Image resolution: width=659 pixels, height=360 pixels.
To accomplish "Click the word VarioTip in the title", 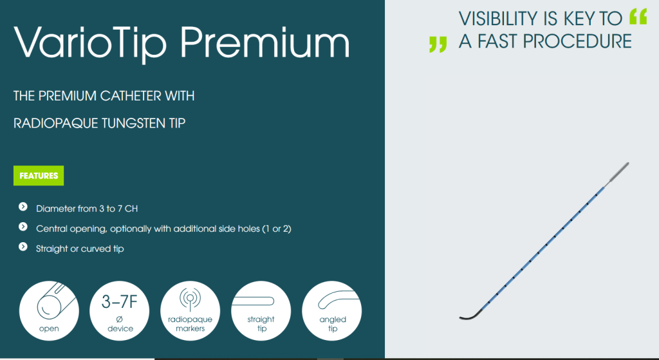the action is pos(90,43).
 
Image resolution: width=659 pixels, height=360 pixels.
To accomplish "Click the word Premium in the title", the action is pos(265,42).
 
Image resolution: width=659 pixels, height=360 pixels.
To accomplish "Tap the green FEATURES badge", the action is pos(39,175).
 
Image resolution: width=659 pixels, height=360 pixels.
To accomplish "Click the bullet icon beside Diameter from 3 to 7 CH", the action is pos(23,207).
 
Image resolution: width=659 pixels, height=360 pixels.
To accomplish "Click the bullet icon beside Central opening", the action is pos(23,227).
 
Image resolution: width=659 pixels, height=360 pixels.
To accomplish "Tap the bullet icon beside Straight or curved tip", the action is pos(23,247).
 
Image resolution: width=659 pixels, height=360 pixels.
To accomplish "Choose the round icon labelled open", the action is pos(49,311).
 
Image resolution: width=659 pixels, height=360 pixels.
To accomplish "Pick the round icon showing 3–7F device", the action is pos(119,311).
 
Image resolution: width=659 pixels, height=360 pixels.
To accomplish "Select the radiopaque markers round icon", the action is pos(190,311).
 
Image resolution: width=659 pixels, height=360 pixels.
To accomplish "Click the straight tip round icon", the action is pos(261,311).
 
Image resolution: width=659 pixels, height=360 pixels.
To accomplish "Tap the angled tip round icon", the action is pos(331,311).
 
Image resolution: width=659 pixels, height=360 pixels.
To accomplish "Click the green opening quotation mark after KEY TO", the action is pos(638,17).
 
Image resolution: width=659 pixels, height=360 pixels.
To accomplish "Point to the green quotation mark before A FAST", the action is pos(438,44).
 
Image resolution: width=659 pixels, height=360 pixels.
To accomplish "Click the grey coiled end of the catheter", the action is pos(618,173).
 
